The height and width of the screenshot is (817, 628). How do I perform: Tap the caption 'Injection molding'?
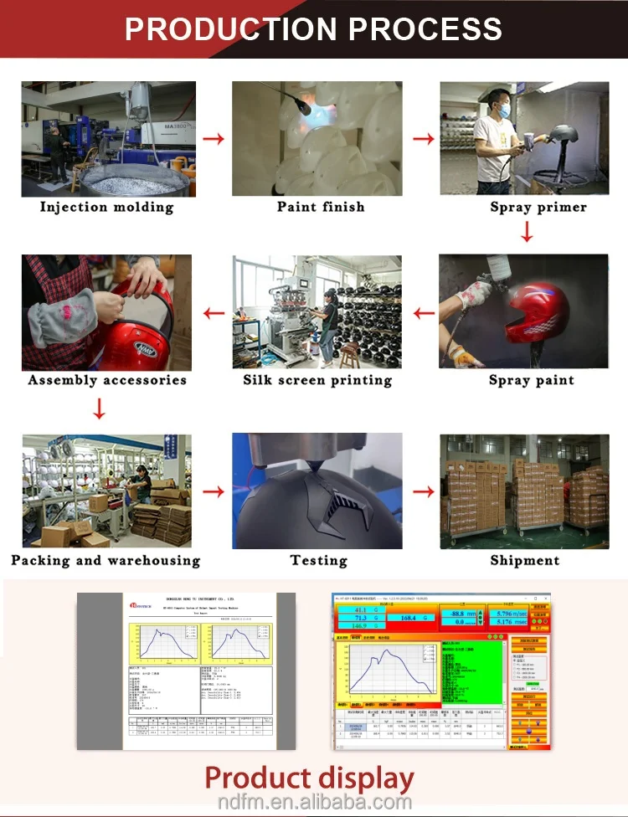click(107, 207)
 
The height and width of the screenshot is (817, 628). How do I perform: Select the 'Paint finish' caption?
click(321, 207)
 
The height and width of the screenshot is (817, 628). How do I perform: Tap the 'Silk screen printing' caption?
click(317, 380)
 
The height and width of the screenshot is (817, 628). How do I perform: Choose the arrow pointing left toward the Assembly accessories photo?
click(214, 314)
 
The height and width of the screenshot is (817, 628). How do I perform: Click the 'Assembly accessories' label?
click(107, 380)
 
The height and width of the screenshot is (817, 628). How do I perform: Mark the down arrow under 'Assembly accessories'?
click(99, 409)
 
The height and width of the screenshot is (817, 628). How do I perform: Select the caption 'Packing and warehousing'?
click(106, 560)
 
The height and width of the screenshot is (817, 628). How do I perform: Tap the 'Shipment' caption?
click(524, 560)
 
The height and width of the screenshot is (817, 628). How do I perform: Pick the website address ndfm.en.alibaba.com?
click(313, 802)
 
